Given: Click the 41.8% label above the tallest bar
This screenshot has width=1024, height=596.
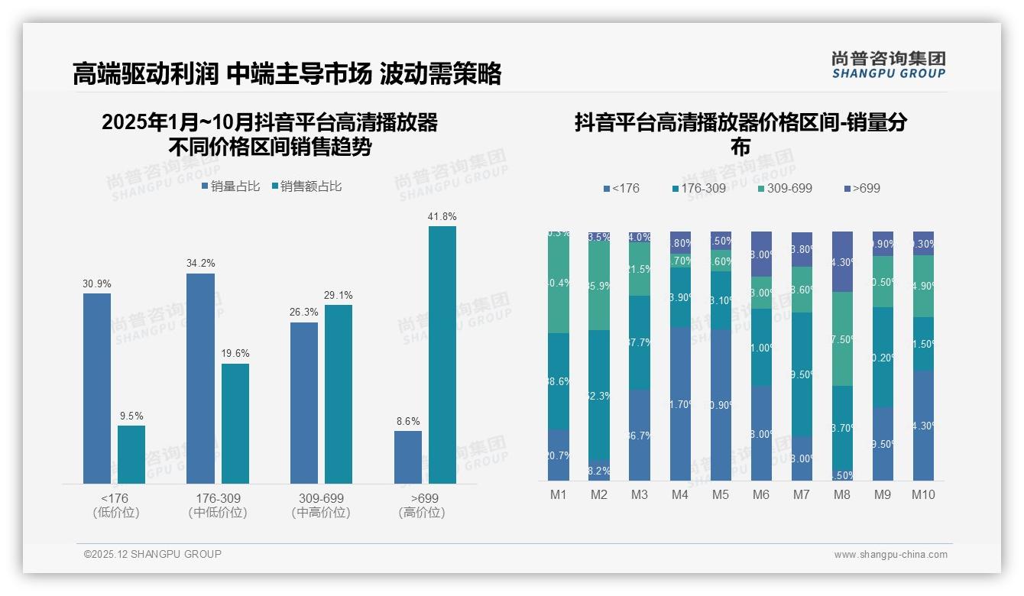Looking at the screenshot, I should [x=442, y=217].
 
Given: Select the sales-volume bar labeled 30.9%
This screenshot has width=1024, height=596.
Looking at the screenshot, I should [x=97, y=388].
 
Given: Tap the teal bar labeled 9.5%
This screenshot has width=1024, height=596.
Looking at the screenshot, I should [x=131, y=455].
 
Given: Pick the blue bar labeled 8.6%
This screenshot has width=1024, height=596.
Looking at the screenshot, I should [x=408, y=457].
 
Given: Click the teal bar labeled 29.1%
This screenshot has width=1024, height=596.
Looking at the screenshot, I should [x=339, y=394].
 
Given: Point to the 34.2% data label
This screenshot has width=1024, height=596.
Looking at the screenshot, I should [x=200, y=264].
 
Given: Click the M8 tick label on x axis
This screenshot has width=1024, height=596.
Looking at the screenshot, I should [x=841, y=495].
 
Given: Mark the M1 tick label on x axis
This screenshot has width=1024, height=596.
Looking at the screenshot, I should [x=559, y=495].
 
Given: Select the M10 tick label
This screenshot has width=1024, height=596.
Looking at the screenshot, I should [x=923, y=495].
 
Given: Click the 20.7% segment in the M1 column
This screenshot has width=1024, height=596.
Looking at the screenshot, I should [x=559, y=455].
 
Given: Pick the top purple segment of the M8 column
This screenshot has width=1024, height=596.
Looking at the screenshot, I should [x=841, y=261].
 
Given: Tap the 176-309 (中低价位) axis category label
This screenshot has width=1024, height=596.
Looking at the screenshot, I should [x=218, y=506].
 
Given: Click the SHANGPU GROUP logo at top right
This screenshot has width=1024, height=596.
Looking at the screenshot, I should [x=888, y=65].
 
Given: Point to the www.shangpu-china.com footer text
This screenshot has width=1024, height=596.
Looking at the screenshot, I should [x=890, y=555].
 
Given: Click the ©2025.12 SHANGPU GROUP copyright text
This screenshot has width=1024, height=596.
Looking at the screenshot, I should [x=153, y=554].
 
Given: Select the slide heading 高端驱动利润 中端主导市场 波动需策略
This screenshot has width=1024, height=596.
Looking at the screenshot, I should [x=287, y=74].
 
